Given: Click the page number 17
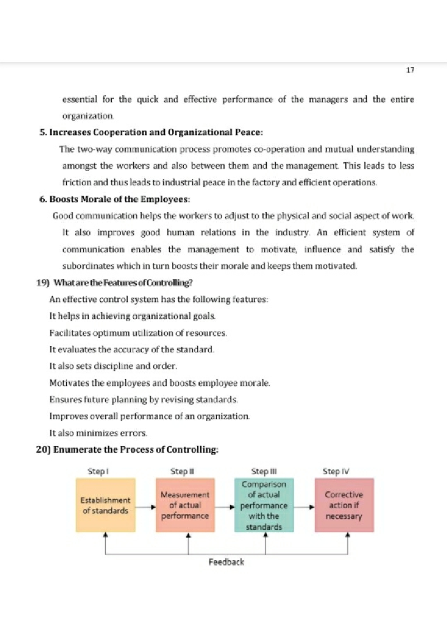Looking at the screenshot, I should tap(410, 70).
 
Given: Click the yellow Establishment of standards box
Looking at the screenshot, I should tap(105, 505).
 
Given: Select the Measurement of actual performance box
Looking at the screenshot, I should tap(185, 505).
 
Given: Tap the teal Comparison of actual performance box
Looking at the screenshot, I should tap(264, 505).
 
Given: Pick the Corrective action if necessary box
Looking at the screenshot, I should tap(344, 505).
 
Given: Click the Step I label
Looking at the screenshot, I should tap(98, 471).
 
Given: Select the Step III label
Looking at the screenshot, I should tap(264, 471).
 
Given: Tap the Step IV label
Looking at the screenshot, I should tap(336, 471).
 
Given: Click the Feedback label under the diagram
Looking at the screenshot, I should tap(226, 562).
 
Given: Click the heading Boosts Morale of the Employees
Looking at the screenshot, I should tap(115, 199).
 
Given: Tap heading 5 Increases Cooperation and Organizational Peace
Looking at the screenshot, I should tap(151, 133).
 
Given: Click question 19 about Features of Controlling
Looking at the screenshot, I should tap(114, 283).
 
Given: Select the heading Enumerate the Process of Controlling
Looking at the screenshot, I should tap(127, 450).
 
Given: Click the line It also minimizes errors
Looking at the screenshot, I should tap(98, 433).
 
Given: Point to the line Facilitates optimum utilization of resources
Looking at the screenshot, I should tap(138, 333).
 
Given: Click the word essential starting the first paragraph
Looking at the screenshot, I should tap(79, 100).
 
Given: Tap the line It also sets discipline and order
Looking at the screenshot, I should tap(113, 366).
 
